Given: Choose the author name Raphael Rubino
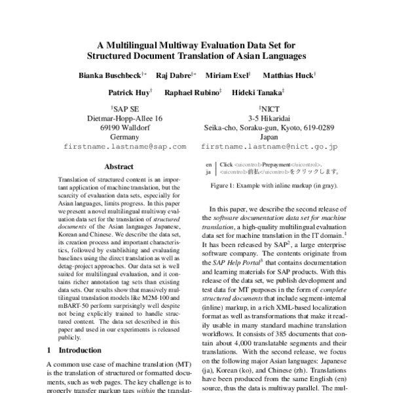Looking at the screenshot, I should [193, 93].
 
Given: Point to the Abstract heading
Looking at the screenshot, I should [119, 167].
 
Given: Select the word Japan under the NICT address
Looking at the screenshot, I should [269, 137].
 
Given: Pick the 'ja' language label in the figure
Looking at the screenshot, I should [209, 172].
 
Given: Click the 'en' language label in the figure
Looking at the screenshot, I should [209, 164].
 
